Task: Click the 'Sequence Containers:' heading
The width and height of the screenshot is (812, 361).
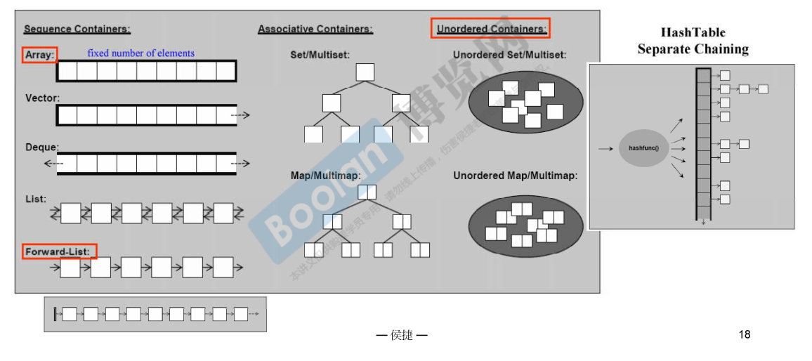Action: pyautogui.click(x=77, y=29)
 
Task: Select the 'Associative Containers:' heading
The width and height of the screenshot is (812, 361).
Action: pyautogui.click(x=315, y=29)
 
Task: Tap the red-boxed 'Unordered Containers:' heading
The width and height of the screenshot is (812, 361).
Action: pyautogui.click(x=490, y=29)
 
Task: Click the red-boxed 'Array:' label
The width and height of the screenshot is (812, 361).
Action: pyautogui.click(x=39, y=55)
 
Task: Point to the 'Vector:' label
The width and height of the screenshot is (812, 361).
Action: pyautogui.click(x=42, y=98)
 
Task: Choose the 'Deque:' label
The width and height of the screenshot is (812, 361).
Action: pyautogui.click(x=42, y=147)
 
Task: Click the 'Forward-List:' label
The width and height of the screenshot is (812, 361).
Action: pyautogui.click(x=59, y=251)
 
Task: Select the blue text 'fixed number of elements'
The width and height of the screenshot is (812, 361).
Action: pyautogui.click(x=140, y=53)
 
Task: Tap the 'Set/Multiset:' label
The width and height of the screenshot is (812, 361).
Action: pyautogui.click(x=320, y=55)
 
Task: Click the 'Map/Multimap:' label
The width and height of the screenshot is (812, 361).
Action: pyautogui.click(x=326, y=175)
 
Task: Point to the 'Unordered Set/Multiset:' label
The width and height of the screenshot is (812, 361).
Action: pyautogui.click(x=510, y=55)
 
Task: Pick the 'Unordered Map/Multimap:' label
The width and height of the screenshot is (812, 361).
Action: pyautogui.click(x=516, y=176)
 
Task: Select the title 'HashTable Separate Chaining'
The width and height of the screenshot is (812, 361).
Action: pyautogui.click(x=693, y=41)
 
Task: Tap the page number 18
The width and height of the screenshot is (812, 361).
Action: pyautogui.click(x=745, y=334)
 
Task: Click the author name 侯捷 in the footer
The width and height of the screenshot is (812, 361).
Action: pyautogui.click(x=402, y=336)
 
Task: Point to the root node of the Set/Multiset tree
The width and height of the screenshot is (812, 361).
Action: pyautogui.click(x=365, y=72)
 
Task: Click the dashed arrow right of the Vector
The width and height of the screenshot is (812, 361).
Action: pyautogui.click(x=240, y=115)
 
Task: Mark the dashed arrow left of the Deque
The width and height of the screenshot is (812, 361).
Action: pyautogui.click(x=52, y=164)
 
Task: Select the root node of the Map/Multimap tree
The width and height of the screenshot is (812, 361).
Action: pyautogui.click(x=367, y=192)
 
